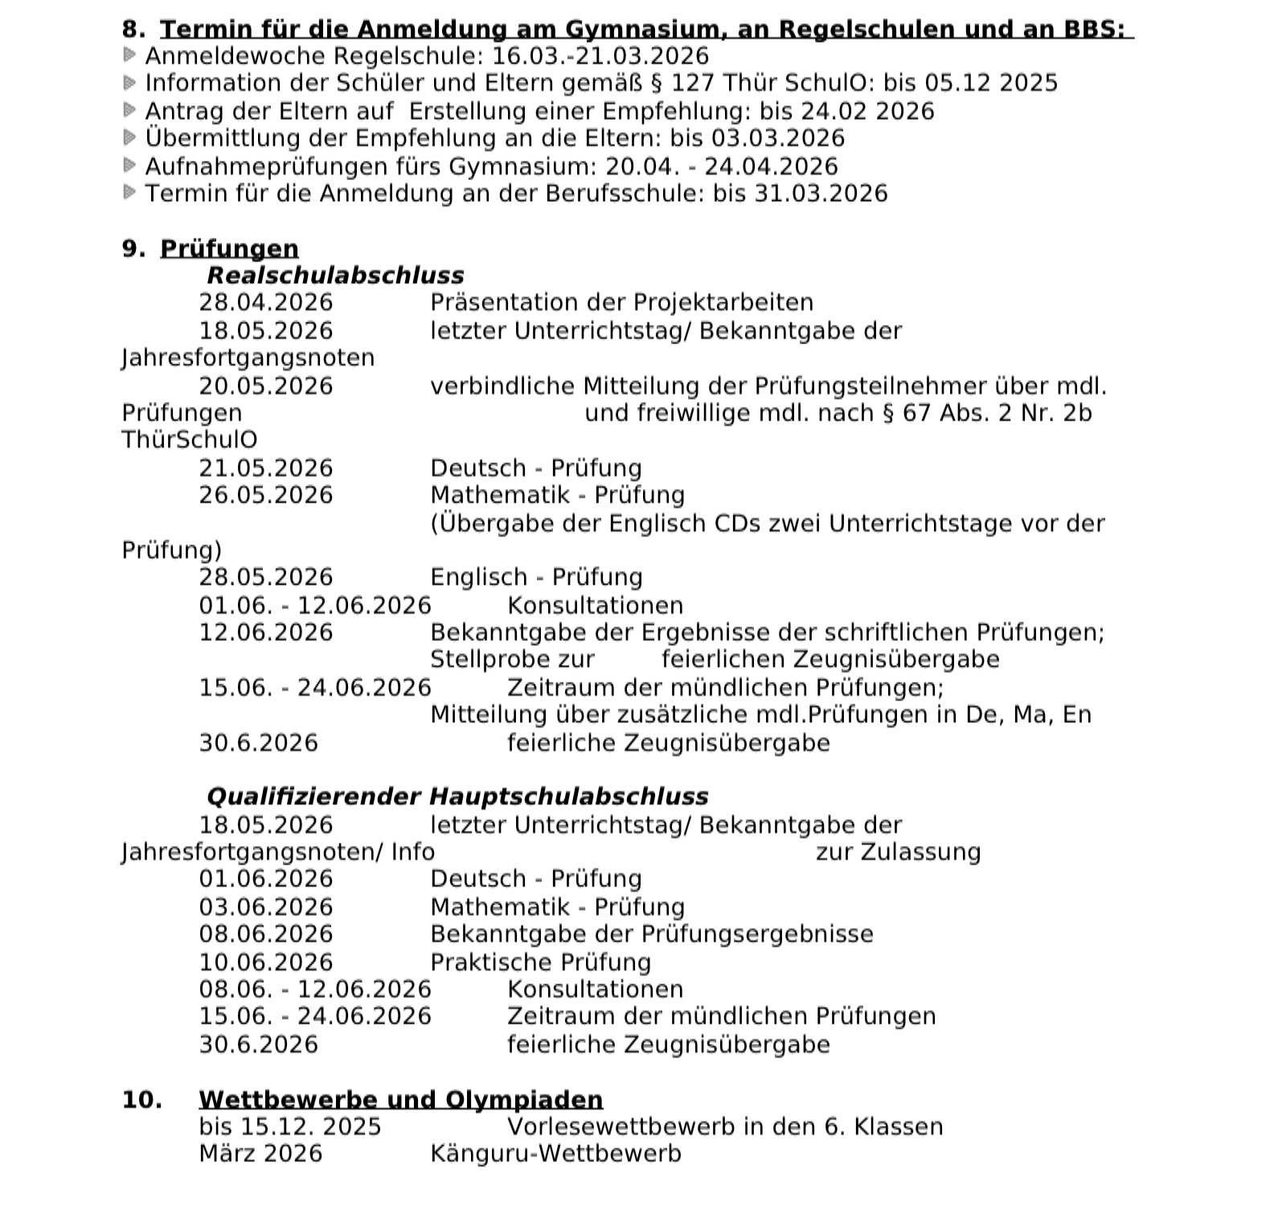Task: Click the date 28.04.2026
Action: [265, 302]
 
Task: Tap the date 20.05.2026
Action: [265, 386]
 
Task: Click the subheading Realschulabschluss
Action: [335, 275]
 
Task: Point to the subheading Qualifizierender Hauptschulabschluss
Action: [457, 796]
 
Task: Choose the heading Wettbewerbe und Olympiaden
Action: [400, 1099]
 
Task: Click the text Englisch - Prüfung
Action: [536, 577]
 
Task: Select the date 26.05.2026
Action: [265, 495]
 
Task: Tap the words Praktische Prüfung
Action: [540, 962]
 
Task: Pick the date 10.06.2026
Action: [265, 962]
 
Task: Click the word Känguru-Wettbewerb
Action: [555, 1153]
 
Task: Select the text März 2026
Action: [260, 1153]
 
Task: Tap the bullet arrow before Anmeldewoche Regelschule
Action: [129, 55]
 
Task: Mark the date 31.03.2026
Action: [821, 194]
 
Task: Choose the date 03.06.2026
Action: [265, 907]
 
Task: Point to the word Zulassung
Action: [920, 852]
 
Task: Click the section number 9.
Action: [133, 248]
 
